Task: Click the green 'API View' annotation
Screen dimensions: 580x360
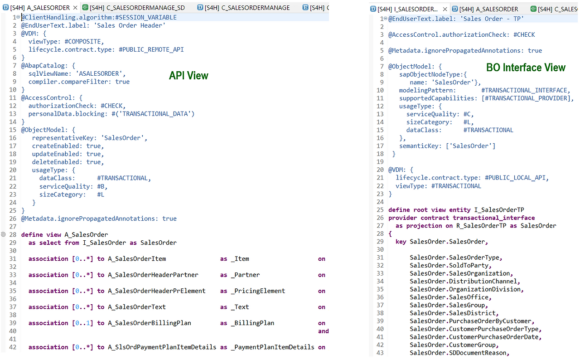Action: tap(188, 76)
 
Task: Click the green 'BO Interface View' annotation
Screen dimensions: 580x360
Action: tap(526, 68)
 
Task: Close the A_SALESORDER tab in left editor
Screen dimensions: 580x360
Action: tap(75, 8)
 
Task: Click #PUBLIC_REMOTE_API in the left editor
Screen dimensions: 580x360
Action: tap(151, 49)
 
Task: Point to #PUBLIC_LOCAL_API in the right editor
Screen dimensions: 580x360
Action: tap(517, 178)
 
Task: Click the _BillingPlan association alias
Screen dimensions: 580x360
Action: tap(253, 323)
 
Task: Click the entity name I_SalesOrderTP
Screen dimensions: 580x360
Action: tap(499, 210)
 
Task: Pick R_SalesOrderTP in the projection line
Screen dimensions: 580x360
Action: tap(482, 226)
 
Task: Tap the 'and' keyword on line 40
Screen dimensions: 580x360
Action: tap(323, 331)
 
